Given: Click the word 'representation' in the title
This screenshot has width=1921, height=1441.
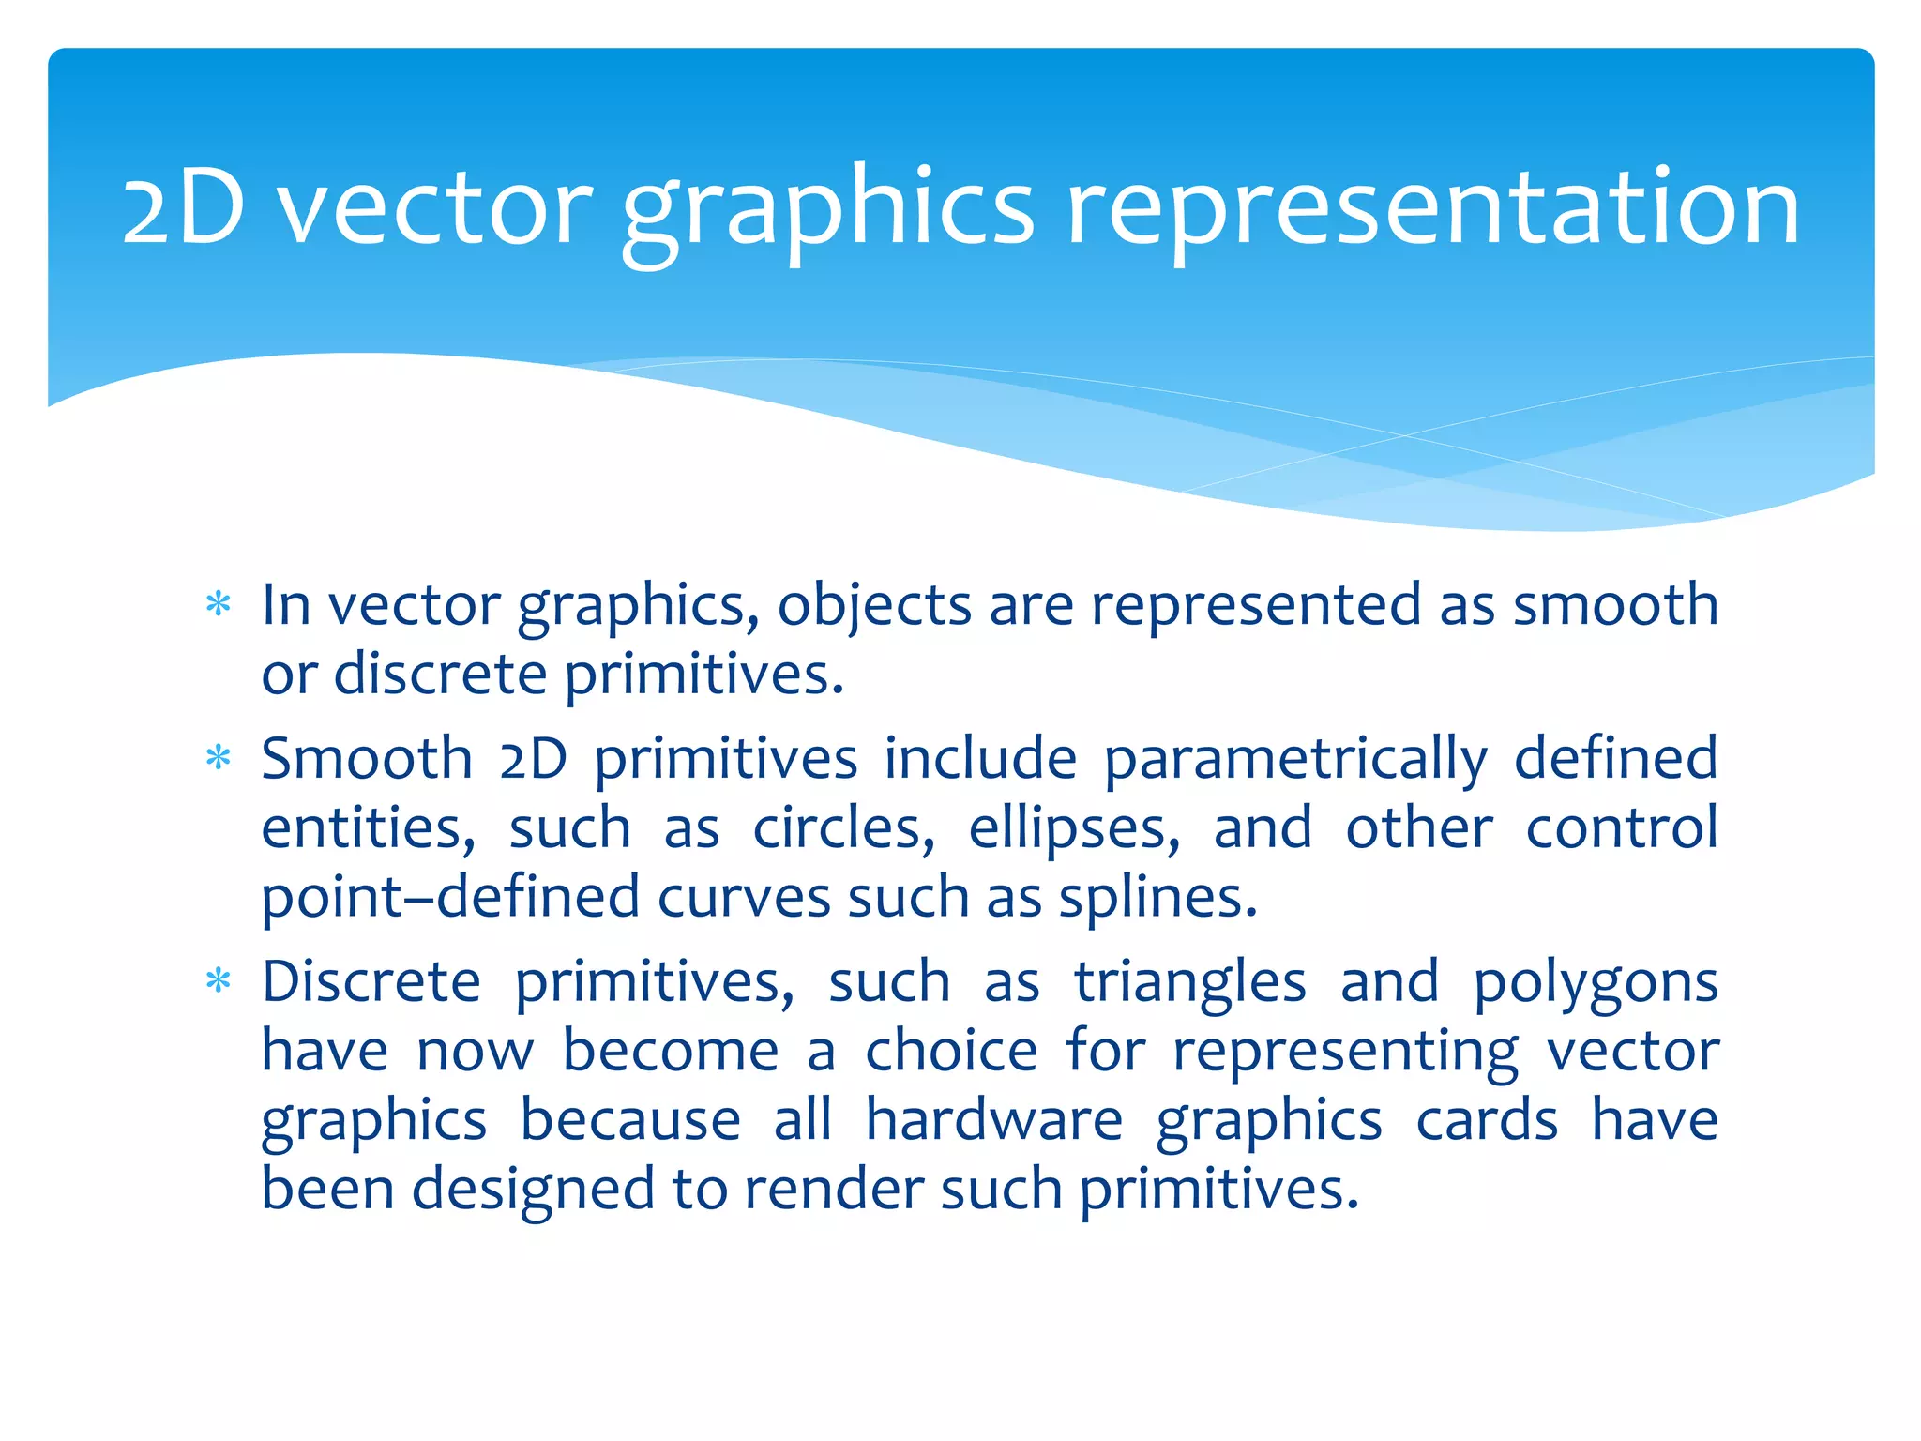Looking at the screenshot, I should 1433,208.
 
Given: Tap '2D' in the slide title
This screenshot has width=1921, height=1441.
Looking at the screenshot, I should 184,208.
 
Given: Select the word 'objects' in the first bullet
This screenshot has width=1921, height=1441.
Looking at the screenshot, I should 874,605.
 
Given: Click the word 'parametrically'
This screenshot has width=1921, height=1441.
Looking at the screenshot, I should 1295,759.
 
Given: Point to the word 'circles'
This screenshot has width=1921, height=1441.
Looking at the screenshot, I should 843,828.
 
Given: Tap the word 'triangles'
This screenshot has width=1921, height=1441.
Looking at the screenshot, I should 1190,982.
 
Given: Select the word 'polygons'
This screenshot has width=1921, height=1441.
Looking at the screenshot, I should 1595,982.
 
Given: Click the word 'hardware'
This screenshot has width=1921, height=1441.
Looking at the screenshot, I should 993,1120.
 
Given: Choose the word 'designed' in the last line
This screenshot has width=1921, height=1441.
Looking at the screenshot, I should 533,1190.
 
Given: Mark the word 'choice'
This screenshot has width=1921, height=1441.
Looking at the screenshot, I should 951,1051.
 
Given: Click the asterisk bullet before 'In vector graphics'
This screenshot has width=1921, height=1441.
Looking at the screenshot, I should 219,604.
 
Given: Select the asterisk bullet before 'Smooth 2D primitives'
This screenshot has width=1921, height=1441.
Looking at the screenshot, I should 219,758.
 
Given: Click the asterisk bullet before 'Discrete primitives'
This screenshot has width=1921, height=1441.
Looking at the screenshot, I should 219,981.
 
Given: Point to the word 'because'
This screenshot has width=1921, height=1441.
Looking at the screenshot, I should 630,1120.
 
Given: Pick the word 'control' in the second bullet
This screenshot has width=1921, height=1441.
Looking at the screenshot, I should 1622,828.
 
